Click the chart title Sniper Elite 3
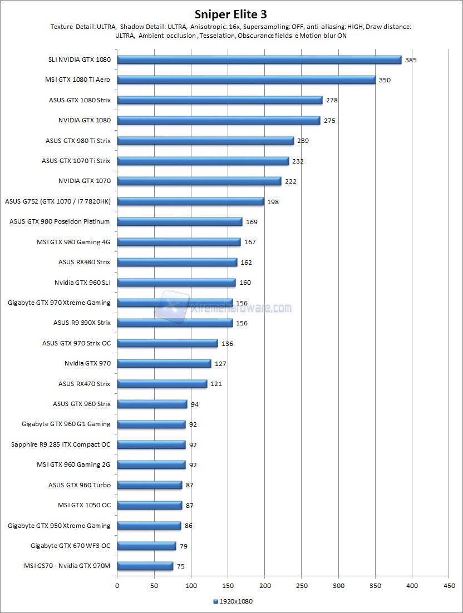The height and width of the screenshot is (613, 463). pyautogui.click(x=231, y=13)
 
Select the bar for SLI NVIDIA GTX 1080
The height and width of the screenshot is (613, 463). pyautogui.click(x=259, y=60)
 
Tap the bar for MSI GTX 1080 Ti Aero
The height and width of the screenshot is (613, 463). pyautogui.click(x=246, y=80)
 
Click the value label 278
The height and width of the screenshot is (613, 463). pyautogui.click(x=332, y=100)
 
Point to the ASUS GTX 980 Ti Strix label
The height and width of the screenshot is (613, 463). pyautogui.click(x=78, y=141)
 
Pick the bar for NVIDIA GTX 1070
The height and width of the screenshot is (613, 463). pyautogui.click(x=199, y=181)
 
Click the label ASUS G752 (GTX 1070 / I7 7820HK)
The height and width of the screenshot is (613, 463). pyautogui.click(x=57, y=201)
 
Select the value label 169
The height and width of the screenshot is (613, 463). pyautogui.click(x=252, y=222)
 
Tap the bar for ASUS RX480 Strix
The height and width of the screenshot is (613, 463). pyautogui.click(x=177, y=262)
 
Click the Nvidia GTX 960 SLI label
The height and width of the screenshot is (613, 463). pyautogui.click(x=82, y=283)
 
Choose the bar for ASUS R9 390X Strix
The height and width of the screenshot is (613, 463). pyautogui.click(x=175, y=323)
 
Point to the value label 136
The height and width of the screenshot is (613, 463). pyautogui.click(x=227, y=344)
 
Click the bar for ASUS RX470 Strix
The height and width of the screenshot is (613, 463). pyautogui.click(x=162, y=383)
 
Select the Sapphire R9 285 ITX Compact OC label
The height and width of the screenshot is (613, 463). pyautogui.click(x=61, y=444)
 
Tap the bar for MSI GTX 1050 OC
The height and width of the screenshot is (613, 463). pyautogui.click(x=149, y=505)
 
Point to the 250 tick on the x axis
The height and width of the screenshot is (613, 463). pyautogui.click(x=302, y=586)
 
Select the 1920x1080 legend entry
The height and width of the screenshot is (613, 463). pyautogui.click(x=232, y=601)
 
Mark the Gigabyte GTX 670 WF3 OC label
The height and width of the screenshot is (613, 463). pyautogui.click(x=70, y=546)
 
